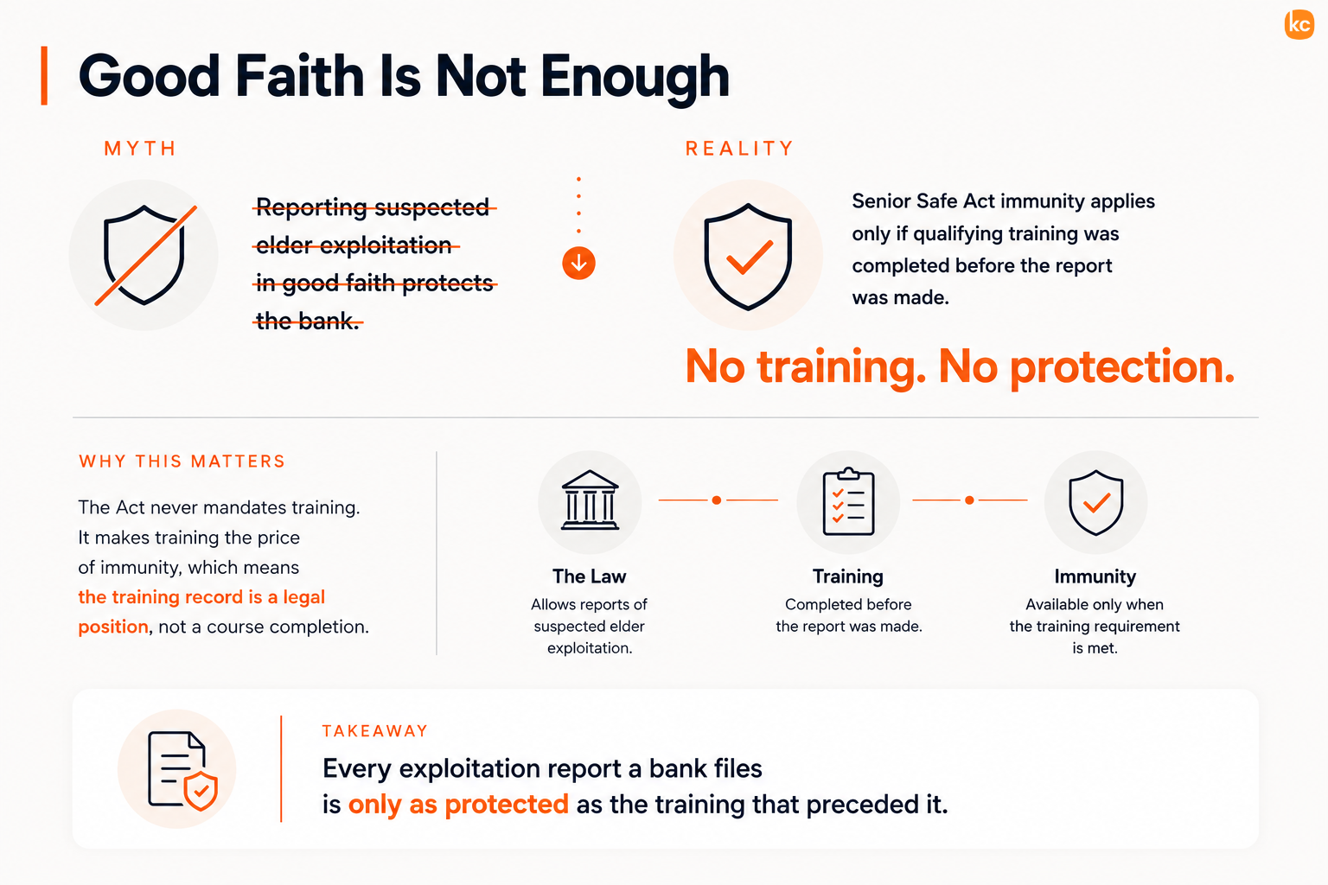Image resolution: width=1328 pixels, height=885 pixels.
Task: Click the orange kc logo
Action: (x=1299, y=24)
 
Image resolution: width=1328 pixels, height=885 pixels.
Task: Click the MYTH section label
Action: (x=141, y=148)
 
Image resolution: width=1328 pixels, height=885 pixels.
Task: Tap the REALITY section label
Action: (x=739, y=148)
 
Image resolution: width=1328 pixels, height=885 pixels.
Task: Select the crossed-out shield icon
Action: (x=144, y=255)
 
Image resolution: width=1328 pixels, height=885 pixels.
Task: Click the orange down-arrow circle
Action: (x=578, y=264)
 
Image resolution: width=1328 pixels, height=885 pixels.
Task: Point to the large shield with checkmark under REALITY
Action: (x=748, y=256)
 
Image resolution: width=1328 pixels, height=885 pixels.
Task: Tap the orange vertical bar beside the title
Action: (x=44, y=75)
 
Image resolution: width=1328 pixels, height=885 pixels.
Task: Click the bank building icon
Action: (x=590, y=500)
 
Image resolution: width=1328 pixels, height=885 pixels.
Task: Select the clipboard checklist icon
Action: (x=848, y=501)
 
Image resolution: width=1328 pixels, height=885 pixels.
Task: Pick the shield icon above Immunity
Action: (x=1095, y=503)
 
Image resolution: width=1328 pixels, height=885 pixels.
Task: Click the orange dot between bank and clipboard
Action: (x=717, y=500)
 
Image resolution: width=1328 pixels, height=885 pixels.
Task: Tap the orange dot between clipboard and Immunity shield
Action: (x=969, y=500)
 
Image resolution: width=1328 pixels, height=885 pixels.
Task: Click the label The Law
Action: (x=590, y=576)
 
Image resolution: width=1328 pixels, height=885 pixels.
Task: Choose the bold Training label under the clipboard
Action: (x=848, y=576)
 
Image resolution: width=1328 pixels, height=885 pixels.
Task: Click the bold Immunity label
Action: (x=1095, y=576)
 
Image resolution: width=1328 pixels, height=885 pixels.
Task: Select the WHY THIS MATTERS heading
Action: (x=182, y=462)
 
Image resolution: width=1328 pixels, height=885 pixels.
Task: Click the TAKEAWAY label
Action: (x=374, y=731)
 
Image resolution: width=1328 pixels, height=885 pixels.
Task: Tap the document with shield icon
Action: (x=182, y=770)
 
